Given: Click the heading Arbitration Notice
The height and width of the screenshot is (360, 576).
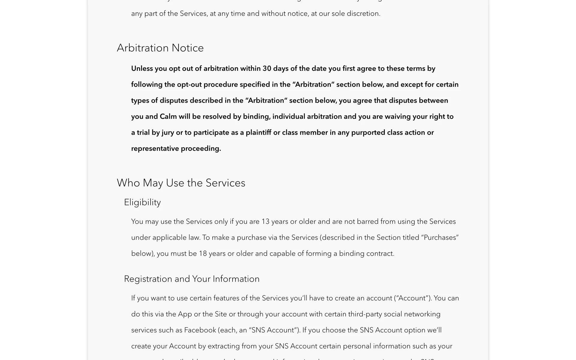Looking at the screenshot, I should coord(160,48).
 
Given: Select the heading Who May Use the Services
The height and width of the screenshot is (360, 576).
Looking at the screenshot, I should coord(181,183).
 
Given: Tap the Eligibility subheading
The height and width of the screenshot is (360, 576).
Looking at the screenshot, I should coord(142,202).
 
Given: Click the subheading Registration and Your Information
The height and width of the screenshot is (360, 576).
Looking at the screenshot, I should coord(192,279).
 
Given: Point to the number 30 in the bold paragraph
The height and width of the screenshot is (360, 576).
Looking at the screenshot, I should coord(267,69).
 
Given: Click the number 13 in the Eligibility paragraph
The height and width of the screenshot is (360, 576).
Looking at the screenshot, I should coord(265,222).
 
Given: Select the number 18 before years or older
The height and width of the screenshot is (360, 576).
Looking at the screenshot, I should coord(203,253).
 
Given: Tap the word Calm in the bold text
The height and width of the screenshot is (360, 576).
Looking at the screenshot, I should coord(168,117).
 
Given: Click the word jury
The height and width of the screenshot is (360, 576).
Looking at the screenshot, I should coord(168,133).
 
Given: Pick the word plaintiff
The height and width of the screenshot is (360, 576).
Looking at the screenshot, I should coord(258,133).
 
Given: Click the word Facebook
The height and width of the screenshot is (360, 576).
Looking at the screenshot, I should coord(200,330).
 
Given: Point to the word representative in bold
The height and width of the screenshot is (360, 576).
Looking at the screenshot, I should coord(155,149).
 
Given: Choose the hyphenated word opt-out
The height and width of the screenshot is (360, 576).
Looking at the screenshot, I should coord(189,85).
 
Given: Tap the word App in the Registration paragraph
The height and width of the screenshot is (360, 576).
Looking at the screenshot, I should coord(185,314).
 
